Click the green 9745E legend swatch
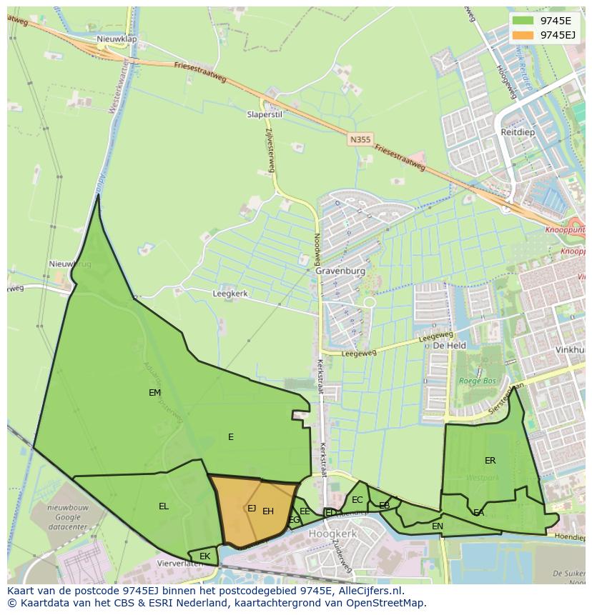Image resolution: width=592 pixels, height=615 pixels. tap(523, 21)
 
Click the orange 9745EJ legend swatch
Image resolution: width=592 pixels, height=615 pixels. tap(523, 35)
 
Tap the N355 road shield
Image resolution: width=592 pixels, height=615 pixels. tap(360, 140)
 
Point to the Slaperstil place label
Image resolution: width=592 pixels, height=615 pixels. tap(265, 114)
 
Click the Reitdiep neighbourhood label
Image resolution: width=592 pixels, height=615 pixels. tap(518, 133)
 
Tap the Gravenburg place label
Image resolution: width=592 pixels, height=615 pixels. tap(340, 271)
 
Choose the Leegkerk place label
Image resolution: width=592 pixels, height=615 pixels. tap(230, 294)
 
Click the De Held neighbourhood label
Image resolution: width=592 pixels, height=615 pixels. tap(450, 346)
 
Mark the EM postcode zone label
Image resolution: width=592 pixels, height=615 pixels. tap(154, 393)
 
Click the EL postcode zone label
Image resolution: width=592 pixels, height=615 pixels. tap(164, 506)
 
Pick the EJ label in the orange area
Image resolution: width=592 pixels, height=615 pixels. tap(252, 509)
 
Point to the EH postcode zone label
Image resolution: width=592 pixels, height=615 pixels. tap(268, 511)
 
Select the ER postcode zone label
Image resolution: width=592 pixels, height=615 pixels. tap(490, 461)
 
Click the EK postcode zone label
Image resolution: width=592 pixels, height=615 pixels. tap(205, 556)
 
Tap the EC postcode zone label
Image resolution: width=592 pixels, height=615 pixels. tap(357, 500)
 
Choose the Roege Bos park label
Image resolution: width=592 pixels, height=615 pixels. tap(478, 381)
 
